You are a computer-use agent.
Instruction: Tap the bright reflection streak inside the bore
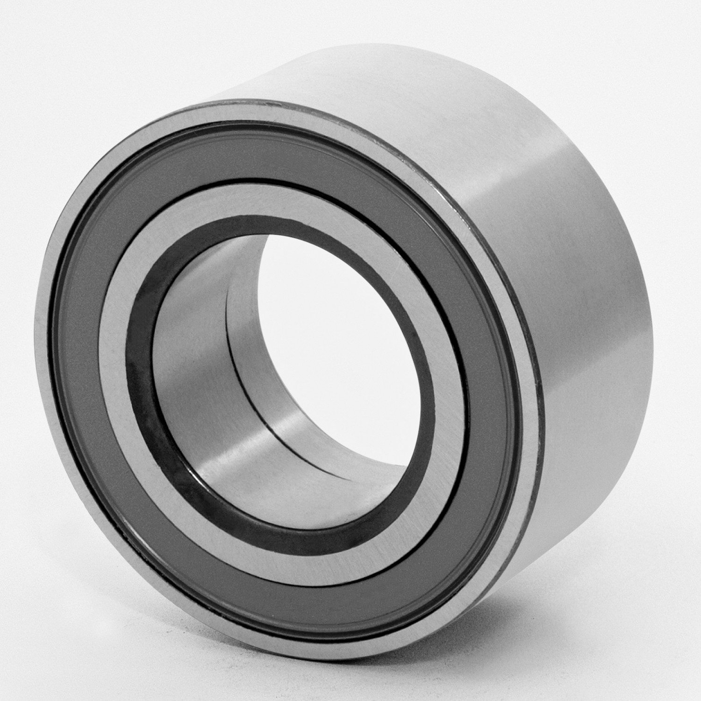[243, 449]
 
